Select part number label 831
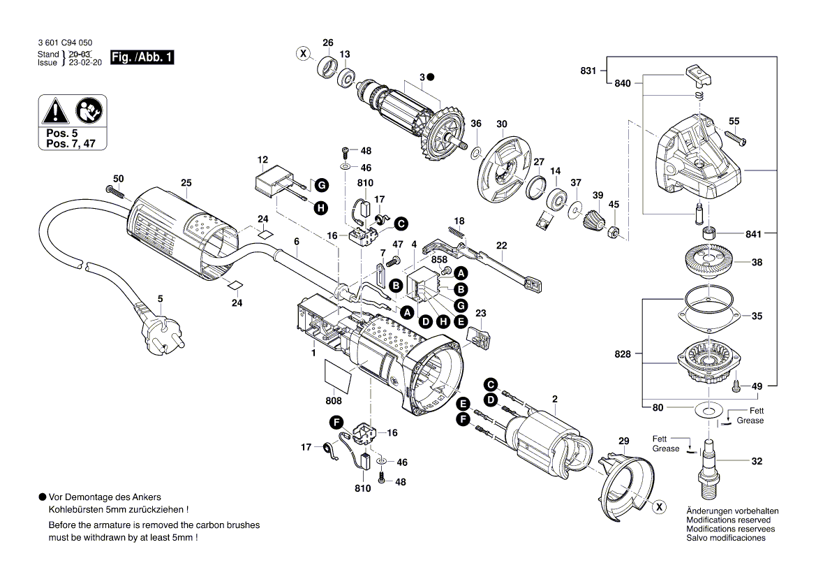coord(588,71)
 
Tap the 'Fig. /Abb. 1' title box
coord(142,58)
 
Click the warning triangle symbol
coord(55,109)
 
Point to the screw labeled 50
coord(114,191)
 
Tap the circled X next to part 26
coord(302,53)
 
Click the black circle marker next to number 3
coord(431,76)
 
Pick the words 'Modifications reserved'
coord(728,520)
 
